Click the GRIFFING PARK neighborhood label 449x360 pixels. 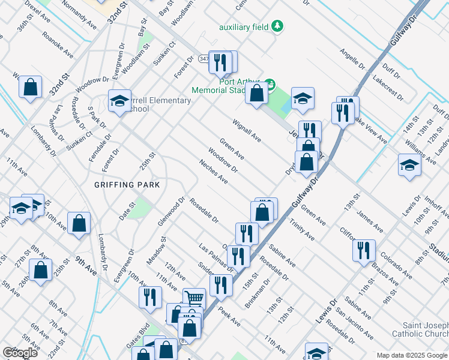tap(127, 185)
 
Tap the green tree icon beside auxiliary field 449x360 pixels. tap(277, 26)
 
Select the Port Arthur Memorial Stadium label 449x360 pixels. tap(227, 86)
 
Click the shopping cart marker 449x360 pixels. tap(194, 299)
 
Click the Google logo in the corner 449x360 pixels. tap(20, 353)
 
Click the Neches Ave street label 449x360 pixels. tap(214, 171)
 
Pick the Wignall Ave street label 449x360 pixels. tap(247, 130)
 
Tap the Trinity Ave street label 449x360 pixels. tap(302, 229)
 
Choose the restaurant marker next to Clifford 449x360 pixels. tap(364, 250)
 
